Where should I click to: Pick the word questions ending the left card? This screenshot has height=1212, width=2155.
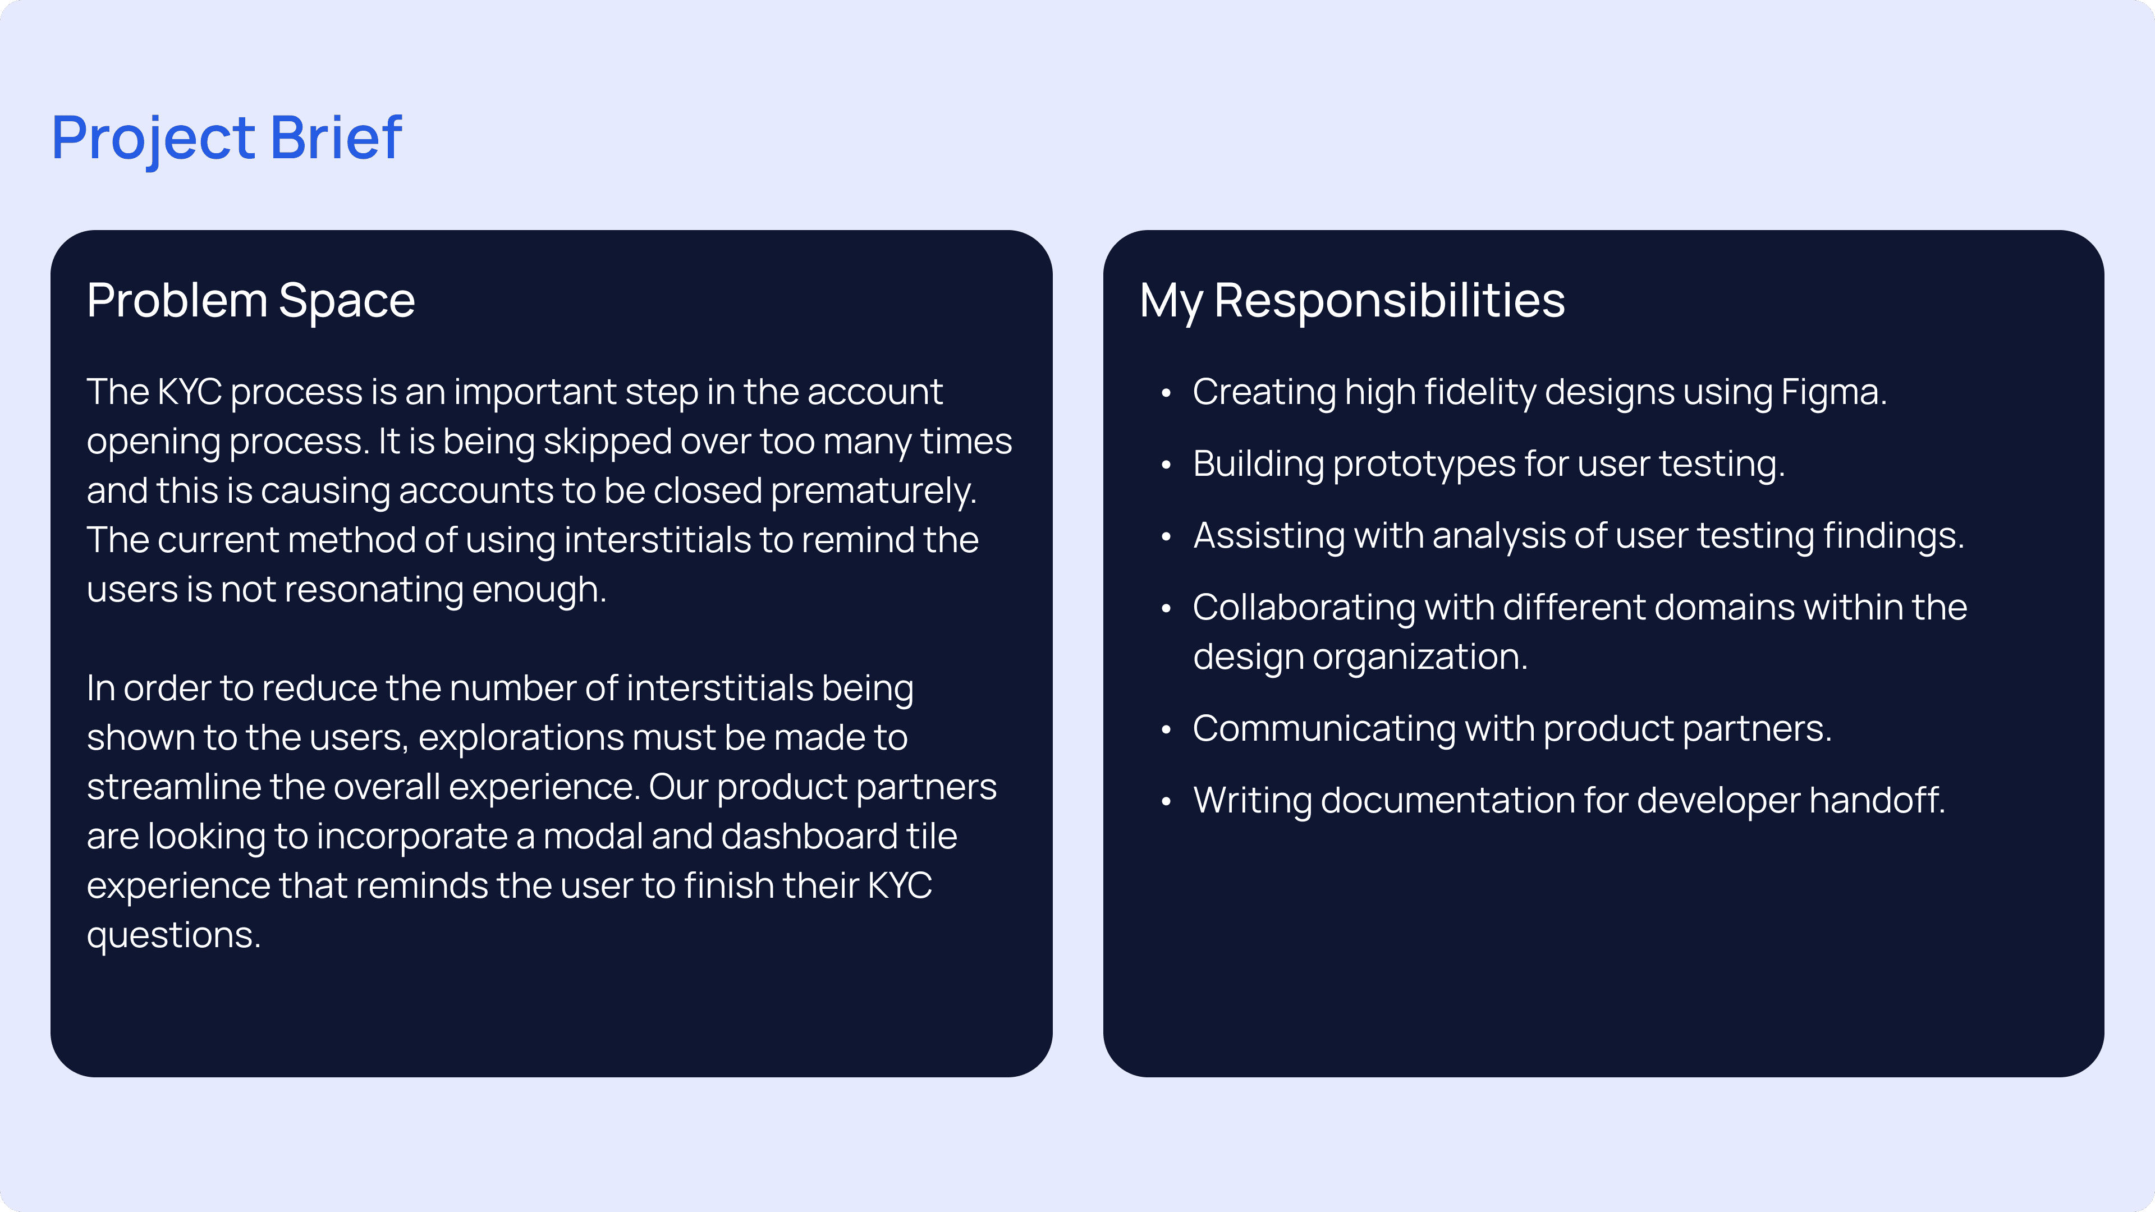[x=174, y=936]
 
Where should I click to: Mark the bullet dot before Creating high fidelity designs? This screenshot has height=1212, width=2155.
[x=1166, y=393]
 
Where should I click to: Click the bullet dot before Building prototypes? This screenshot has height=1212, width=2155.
[x=1166, y=465]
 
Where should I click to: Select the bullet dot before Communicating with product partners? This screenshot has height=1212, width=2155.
[x=1166, y=730]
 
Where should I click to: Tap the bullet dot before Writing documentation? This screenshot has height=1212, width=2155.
[x=1166, y=801]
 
